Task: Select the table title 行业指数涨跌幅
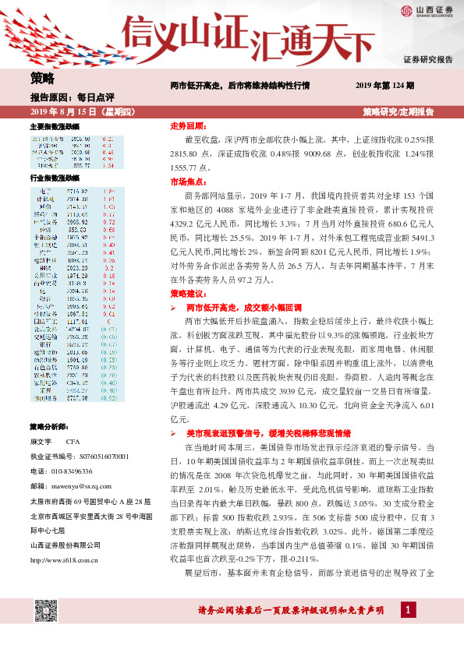coord(55,178)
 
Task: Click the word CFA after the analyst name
coord(73,442)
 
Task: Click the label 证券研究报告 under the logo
coord(427,59)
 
